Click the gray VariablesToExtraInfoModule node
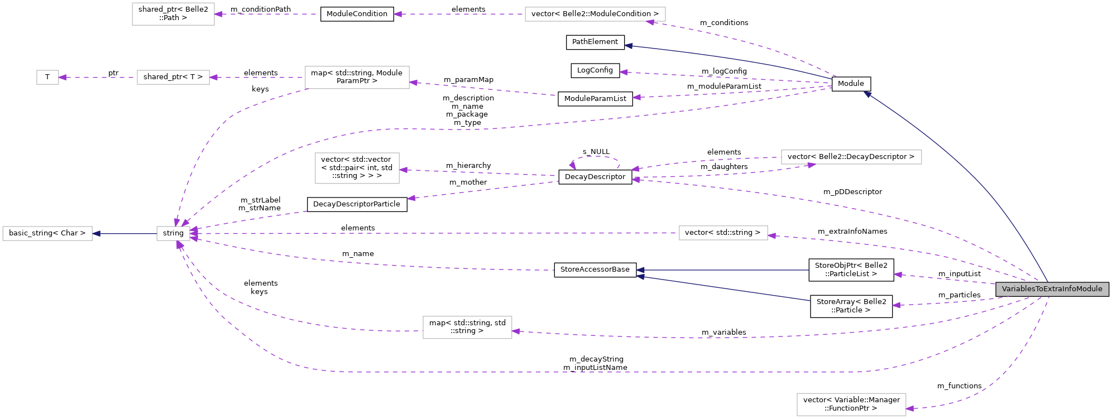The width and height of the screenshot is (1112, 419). [1052, 289]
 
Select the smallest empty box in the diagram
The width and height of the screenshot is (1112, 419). [47, 78]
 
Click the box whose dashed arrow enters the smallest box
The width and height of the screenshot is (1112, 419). [173, 78]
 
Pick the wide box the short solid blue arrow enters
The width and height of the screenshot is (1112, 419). [47, 234]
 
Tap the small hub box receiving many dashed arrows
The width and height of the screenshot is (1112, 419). [173, 234]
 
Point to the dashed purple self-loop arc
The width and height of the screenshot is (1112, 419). [596, 157]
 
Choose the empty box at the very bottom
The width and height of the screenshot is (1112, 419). [851, 404]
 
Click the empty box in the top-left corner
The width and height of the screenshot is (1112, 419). [173, 14]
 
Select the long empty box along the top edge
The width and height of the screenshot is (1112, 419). [595, 15]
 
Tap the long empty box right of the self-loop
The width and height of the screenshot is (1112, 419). [851, 157]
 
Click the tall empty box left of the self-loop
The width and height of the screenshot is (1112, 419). [357, 168]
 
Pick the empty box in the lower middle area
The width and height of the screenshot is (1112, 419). [467, 328]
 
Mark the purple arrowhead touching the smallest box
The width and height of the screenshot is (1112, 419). [62, 78]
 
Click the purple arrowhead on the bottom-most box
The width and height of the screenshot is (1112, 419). [910, 408]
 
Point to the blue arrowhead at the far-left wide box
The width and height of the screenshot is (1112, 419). [96, 234]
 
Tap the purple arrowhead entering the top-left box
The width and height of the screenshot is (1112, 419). [218, 14]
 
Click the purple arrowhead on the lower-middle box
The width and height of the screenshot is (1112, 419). [516, 331]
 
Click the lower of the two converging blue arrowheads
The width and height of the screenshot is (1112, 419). [640, 277]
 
